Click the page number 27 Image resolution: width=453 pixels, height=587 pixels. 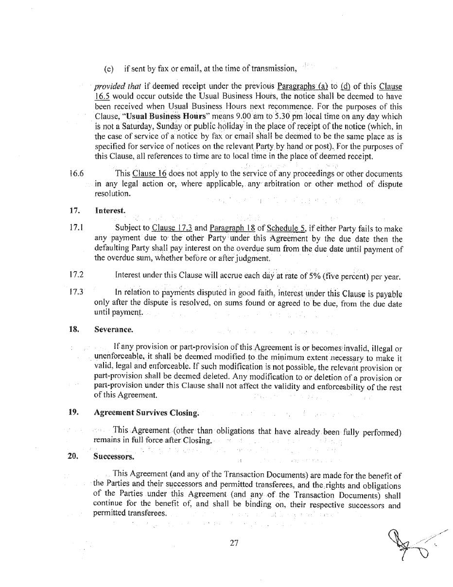(x=234, y=543)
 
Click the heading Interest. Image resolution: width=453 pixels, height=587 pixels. (x=110, y=211)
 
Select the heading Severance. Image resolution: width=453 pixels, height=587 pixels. (x=114, y=329)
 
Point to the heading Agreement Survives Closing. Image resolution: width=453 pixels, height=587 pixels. (x=146, y=413)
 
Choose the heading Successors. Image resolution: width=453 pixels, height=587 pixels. (x=114, y=457)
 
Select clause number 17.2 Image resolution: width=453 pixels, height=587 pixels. (x=76, y=275)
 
